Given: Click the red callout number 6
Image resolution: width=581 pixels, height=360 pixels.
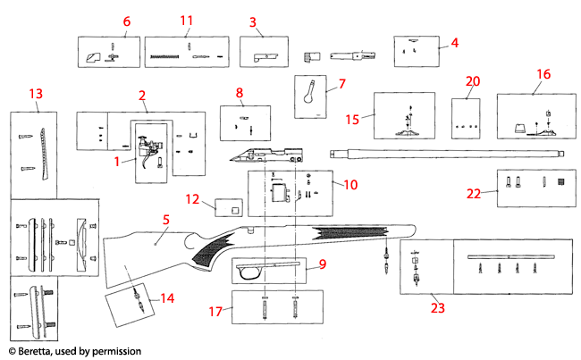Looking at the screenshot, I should [x=126, y=21].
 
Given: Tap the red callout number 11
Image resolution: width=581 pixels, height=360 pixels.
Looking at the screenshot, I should [x=186, y=21].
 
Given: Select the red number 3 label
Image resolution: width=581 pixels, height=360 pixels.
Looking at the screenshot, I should [x=253, y=21].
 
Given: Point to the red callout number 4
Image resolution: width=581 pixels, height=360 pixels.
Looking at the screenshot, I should [x=454, y=42].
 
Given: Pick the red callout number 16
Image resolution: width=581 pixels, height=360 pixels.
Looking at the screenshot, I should [x=543, y=73].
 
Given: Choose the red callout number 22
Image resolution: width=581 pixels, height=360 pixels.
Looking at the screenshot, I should [x=475, y=193].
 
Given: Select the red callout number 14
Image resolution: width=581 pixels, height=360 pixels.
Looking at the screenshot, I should [x=167, y=298].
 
